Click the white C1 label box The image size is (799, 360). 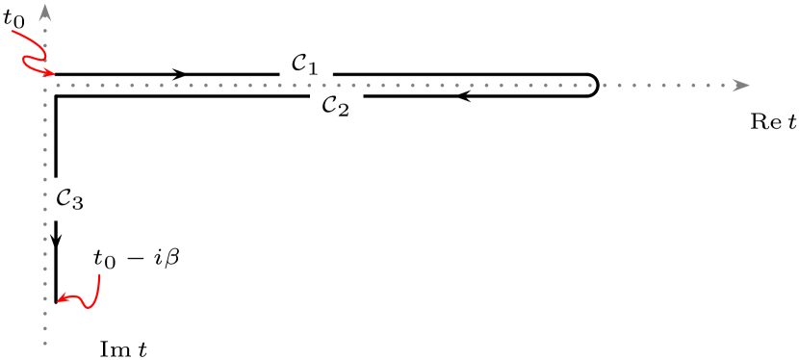306,64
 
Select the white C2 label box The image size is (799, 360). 336,106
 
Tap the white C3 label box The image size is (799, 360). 70,200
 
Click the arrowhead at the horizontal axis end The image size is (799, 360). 741,85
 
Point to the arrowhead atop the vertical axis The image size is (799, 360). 45,13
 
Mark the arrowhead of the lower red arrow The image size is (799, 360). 62,299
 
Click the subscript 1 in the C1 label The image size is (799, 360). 314,69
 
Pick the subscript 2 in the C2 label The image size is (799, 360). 344,111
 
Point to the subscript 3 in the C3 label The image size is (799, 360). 78,205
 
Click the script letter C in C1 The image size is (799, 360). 299,64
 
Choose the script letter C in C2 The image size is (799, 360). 329,104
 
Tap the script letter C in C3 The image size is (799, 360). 64,198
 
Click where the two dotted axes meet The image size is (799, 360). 45,85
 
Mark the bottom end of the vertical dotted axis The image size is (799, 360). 45,343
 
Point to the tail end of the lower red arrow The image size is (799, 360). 99,275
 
